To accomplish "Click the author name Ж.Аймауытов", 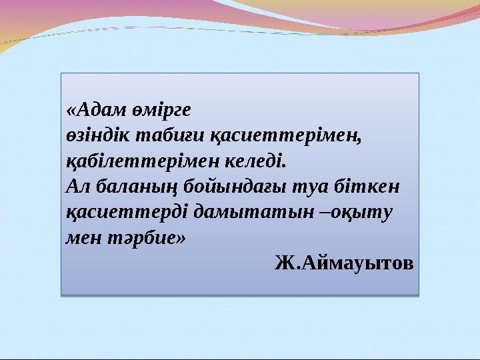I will [343, 263].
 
